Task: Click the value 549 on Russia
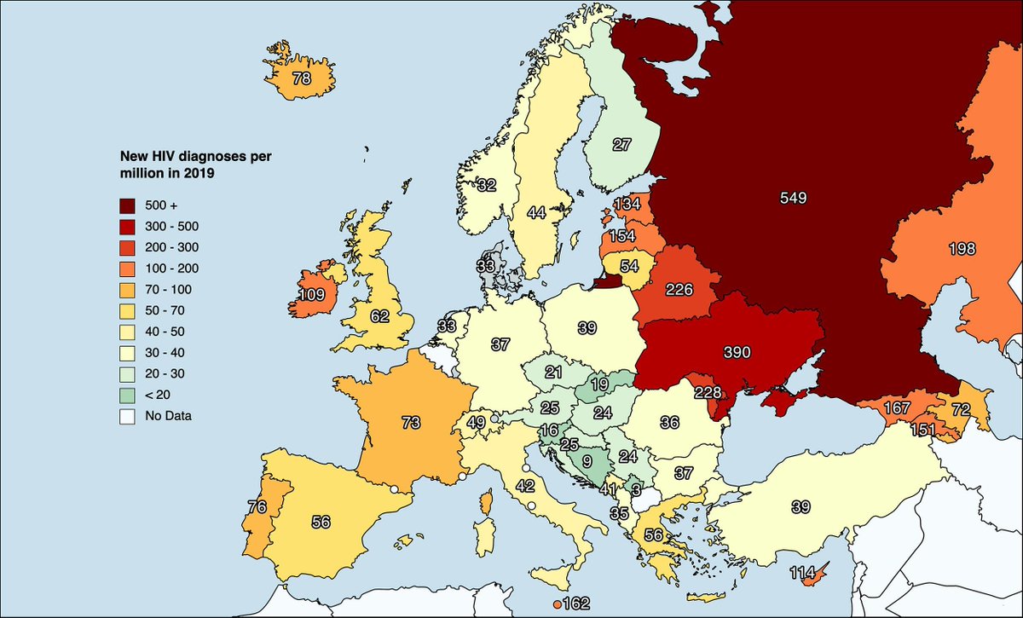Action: click(792, 198)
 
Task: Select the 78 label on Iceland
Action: click(302, 78)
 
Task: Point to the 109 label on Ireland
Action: click(311, 295)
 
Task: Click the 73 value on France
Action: click(412, 421)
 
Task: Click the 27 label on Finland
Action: click(621, 145)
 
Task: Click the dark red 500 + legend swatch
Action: click(127, 205)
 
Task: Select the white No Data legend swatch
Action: click(127, 417)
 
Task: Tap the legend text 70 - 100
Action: click(168, 290)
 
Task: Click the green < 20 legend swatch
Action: click(127, 396)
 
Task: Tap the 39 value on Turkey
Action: click(800, 507)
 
